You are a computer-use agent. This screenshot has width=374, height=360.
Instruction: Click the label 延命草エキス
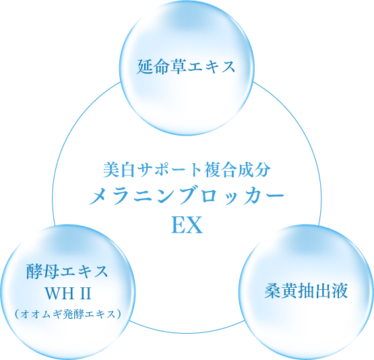pyautogui.click(x=186, y=67)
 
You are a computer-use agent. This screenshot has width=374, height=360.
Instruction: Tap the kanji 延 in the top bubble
pyautogui.click(x=145, y=67)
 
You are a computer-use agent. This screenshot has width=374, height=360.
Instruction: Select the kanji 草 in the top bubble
pyautogui.click(x=178, y=67)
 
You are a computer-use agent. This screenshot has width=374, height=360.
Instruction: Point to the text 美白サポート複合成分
pyautogui.click(x=187, y=170)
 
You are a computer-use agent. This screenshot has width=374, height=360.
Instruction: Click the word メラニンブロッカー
pyautogui.click(x=187, y=196)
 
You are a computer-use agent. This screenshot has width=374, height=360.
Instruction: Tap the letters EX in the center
pyautogui.click(x=187, y=225)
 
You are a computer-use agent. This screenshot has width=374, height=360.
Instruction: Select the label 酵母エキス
pyautogui.click(x=67, y=272)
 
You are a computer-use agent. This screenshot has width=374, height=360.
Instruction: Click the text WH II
pyautogui.click(x=69, y=293)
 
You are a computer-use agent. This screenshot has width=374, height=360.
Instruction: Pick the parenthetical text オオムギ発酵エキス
pyautogui.click(x=67, y=314)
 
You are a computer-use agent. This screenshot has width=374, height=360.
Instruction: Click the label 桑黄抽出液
pyautogui.click(x=306, y=291)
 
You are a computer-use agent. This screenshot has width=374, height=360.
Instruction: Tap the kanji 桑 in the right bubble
pyautogui.click(x=273, y=291)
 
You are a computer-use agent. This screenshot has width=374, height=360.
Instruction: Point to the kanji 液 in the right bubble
pyautogui.click(x=340, y=291)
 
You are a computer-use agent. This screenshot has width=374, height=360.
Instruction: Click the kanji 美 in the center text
pyautogui.click(x=112, y=170)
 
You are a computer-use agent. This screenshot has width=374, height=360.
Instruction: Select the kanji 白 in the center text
pyautogui.click(x=128, y=170)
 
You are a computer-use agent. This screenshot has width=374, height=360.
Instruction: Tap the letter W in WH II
pyautogui.click(x=54, y=293)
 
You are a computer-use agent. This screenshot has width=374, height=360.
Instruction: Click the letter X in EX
pyautogui.click(x=195, y=225)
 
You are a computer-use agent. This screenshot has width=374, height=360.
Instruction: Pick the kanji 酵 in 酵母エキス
pyautogui.click(x=34, y=272)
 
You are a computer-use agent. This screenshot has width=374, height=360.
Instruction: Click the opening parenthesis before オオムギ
pyautogui.click(x=17, y=314)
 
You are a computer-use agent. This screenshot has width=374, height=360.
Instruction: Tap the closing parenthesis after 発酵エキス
pyautogui.click(x=119, y=314)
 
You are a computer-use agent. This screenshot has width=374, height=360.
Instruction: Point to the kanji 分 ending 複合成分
pyautogui.click(x=263, y=170)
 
